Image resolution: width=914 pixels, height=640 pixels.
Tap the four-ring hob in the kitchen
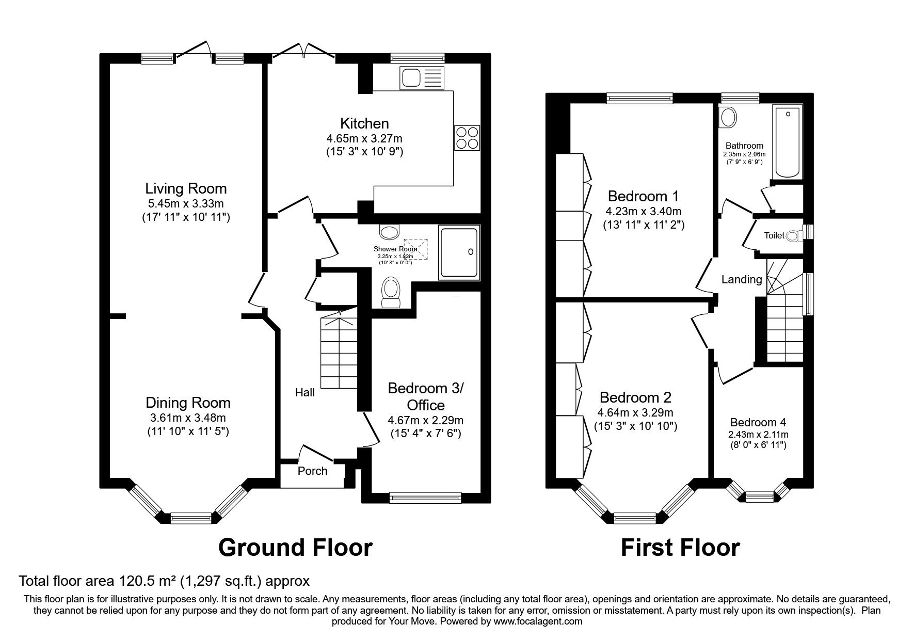467,138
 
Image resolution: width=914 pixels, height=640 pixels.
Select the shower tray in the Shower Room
459,252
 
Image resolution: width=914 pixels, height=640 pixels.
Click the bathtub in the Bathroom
787,140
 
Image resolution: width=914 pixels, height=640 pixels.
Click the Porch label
312,471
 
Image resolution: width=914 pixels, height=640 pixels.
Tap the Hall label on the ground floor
305,393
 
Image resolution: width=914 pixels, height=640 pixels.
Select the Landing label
741,279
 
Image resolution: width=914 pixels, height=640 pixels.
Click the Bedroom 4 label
758,422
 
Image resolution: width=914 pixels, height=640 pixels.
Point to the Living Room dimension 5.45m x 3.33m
186,203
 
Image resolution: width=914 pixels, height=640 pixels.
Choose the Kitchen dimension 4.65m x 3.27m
364,138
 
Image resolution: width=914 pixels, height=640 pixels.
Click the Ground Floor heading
295,547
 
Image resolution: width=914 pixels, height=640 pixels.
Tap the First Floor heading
680,547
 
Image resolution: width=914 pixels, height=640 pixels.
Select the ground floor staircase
339,351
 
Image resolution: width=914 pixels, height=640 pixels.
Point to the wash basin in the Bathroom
729,118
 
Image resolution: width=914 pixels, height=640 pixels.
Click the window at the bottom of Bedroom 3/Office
425,498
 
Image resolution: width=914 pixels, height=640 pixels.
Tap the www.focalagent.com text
537,621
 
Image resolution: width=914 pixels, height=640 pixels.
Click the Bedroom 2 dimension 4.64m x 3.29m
635,412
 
